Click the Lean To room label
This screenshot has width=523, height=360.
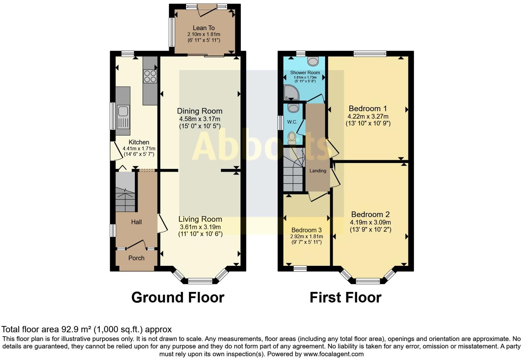204,28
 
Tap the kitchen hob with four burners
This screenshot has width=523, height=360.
150,76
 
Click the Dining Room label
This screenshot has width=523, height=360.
200,111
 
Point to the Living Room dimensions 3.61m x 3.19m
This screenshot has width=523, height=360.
200,227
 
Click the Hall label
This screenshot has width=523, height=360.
136,222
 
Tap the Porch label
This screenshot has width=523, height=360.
136,258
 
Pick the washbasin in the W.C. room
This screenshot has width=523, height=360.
293,108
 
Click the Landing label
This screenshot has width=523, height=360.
318,171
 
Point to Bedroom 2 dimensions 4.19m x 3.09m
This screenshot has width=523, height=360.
370,222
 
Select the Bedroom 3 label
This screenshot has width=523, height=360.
307,230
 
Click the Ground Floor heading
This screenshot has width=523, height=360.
178,297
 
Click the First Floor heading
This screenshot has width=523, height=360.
345,297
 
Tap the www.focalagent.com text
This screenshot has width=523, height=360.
333,354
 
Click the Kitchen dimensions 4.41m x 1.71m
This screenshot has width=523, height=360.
139,149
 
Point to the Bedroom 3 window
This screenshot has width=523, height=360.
300,268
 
